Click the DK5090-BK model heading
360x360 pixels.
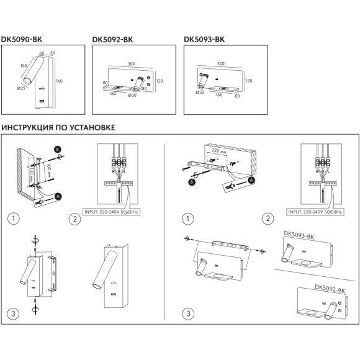point(22,39)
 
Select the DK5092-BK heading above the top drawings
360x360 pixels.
point(112,40)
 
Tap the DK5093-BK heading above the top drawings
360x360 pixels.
point(204,39)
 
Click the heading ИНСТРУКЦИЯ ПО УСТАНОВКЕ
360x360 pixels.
point(58,127)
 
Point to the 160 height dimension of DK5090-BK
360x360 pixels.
point(59,81)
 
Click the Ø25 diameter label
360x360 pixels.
point(21,88)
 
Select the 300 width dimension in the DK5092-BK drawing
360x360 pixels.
point(132,64)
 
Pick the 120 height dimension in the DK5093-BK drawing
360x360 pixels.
point(249,81)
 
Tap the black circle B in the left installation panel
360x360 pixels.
point(57,150)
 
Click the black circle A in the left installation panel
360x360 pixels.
point(58,197)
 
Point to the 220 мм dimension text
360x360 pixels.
point(219,151)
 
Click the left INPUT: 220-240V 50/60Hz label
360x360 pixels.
point(111,212)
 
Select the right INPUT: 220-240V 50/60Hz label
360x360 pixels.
point(315,212)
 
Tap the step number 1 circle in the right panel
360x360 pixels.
point(188,218)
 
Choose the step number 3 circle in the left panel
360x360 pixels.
point(13,313)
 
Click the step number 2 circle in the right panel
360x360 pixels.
point(268,218)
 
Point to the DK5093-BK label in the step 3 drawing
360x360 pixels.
point(299,236)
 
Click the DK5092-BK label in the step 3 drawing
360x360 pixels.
point(330,289)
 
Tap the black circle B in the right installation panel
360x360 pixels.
point(191,182)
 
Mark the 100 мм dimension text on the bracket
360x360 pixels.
point(49,169)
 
